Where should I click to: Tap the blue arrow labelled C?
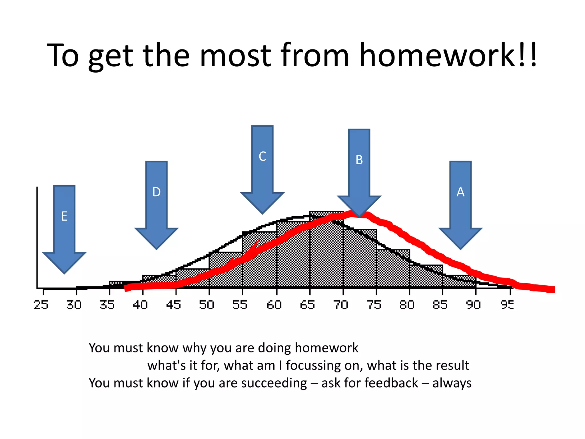(262, 166)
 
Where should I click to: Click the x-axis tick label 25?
(41, 305)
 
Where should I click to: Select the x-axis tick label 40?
(140, 305)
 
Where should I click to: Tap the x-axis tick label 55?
(240, 305)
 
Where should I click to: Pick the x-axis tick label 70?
(340, 305)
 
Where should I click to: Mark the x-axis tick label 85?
(440, 305)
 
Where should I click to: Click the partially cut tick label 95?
(507, 305)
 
